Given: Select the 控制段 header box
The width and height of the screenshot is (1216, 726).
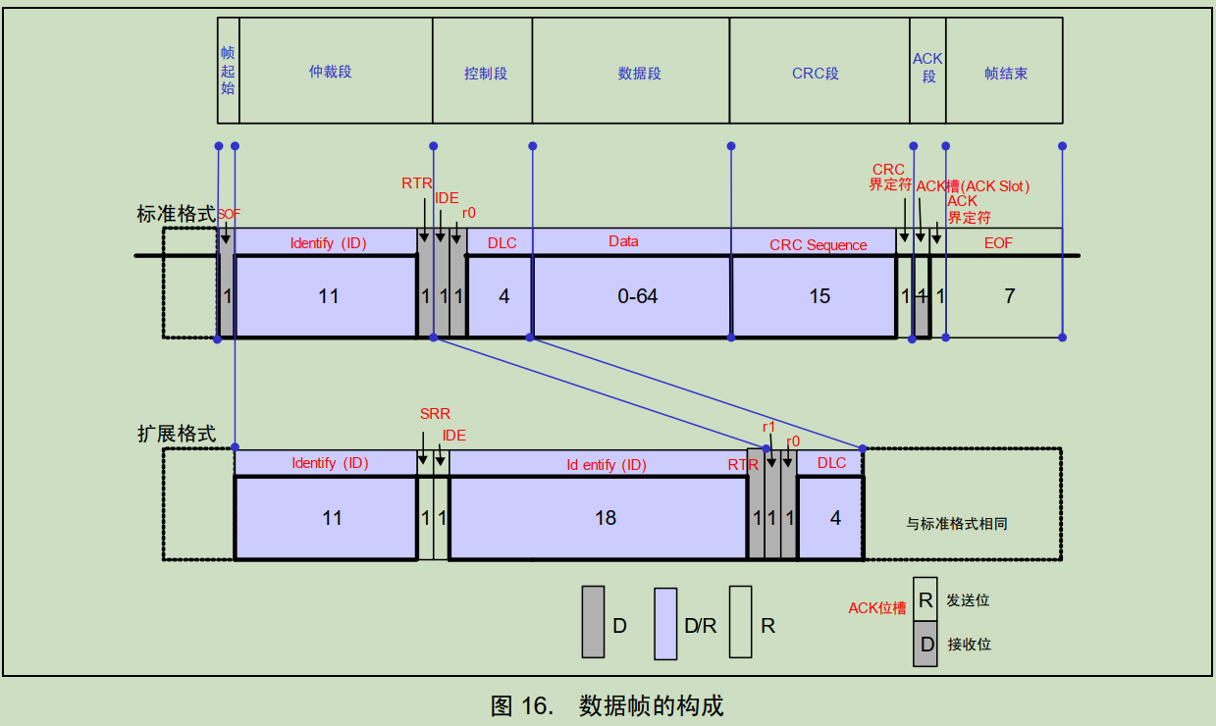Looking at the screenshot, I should [483, 71].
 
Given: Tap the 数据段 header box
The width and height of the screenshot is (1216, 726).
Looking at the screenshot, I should [631, 71].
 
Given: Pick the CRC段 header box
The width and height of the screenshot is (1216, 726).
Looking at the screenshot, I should [819, 71].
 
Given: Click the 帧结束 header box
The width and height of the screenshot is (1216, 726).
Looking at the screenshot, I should [1004, 71].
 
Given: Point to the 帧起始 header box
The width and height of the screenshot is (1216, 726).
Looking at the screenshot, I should [228, 71].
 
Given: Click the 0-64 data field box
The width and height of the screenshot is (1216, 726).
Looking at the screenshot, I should [632, 296].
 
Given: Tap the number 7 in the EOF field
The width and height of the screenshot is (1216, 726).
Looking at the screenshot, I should [1010, 296].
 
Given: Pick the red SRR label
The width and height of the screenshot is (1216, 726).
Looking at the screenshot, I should [435, 415].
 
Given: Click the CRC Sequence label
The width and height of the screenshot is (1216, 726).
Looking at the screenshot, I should [818, 245].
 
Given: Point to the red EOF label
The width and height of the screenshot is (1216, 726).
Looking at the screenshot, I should [998, 243].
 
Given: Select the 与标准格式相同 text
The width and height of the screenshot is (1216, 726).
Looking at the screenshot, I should [957, 524].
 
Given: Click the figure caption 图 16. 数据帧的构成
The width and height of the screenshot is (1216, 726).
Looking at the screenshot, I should [608, 705].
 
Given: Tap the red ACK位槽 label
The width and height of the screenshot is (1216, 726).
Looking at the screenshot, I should [876, 608].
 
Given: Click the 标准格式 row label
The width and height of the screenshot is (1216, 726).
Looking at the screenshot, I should [176, 214].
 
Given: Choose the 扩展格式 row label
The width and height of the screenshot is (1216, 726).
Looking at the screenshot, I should [176, 434].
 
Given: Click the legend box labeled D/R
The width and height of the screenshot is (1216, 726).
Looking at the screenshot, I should [666, 624].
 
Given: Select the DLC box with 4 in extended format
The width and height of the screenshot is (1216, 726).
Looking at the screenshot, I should [831, 518].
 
